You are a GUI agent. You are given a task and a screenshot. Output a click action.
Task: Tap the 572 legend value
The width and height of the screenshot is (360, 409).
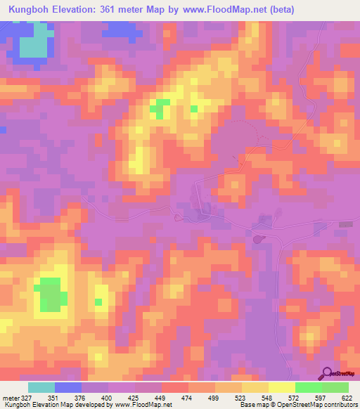point(282,397)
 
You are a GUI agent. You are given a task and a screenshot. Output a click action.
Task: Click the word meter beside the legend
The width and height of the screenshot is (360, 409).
point(10,397)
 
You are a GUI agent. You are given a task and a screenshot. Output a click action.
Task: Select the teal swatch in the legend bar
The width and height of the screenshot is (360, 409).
point(41,387)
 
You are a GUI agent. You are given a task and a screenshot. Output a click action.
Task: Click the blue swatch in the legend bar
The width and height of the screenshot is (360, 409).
point(68,387)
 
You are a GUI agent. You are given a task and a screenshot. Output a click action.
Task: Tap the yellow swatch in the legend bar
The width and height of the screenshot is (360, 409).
point(282,387)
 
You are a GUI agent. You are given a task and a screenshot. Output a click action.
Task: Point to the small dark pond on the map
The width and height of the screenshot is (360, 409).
point(258,240)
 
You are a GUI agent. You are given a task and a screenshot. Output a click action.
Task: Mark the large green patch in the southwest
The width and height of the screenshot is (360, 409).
point(49,294)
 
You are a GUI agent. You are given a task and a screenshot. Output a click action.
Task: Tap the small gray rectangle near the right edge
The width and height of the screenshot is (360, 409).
point(345,224)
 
